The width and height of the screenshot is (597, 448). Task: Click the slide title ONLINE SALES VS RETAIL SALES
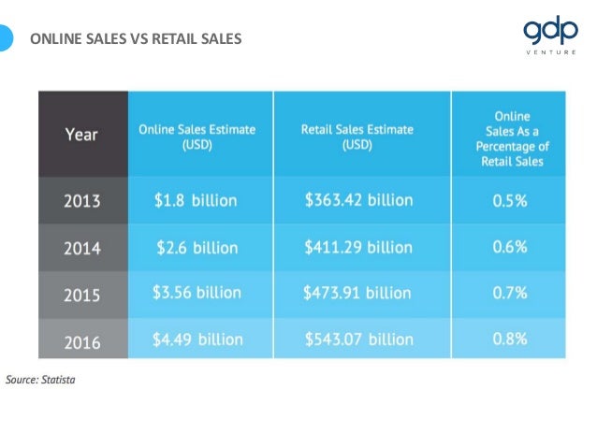click(x=136, y=39)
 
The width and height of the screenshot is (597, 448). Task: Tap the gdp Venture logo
click(x=550, y=36)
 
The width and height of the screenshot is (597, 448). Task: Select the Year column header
click(x=81, y=134)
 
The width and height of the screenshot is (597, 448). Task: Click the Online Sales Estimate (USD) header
click(x=197, y=137)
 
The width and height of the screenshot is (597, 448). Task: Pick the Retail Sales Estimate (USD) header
click(x=357, y=137)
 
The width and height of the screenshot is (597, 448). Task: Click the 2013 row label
click(x=81, y=200)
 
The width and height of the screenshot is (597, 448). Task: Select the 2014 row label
click(x=81, y=248)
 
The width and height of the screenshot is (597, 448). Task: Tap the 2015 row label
click(x=81, y=294)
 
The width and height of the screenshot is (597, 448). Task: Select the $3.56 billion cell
click(x=197, y=293)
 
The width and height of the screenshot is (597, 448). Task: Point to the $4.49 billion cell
click(x=197, y=339)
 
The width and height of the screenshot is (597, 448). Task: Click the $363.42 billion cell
click(x=358, y=200)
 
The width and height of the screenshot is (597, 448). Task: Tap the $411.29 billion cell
click(x=358, y=248)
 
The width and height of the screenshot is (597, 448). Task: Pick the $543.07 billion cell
click(x=358, y=339)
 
